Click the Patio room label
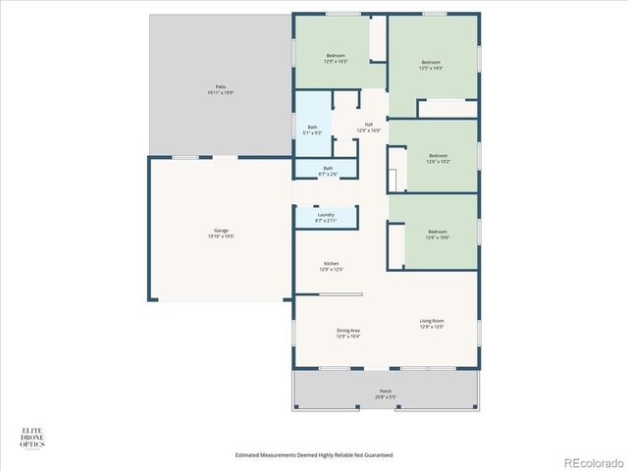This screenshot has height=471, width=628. pyautogui.click(x=220, y=88)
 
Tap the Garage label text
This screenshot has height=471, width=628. pyautogui.click(x=221, y=233)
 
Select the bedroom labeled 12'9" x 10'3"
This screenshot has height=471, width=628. pyautogui.click(x=337, y=58)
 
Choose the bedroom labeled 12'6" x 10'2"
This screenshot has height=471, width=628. pyautogui.click(x=437, y=157)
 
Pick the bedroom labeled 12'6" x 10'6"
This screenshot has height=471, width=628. pyautogui.click(x=437, y=234)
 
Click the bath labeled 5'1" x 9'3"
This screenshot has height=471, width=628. pyautogui.click(x=312, y=130)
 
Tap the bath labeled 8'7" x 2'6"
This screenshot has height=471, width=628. pyautogui.click(x=327, y=171)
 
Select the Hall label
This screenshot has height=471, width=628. pyautogui.click(x=369, y=127)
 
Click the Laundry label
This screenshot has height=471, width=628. pyautogui.click(x=326, y=217)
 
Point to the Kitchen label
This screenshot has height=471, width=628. pyautogui.click(x=332, y=265)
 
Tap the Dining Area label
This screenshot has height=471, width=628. pyautogui.click(x=348, y=333)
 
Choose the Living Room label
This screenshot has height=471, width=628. pyautogui.click(x=432, y=323)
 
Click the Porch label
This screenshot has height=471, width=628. pyautogui.click(x=386, y=392)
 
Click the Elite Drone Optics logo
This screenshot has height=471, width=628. pyautogui.click(x=32, y=438)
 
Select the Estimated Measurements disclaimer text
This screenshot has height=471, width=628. pyautogui.click(x=314, y=455)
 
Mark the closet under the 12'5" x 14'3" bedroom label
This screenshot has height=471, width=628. pyautogui.click(x=441, y=108)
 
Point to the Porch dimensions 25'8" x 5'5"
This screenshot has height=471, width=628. pyautogui.click(x=386, y=397)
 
